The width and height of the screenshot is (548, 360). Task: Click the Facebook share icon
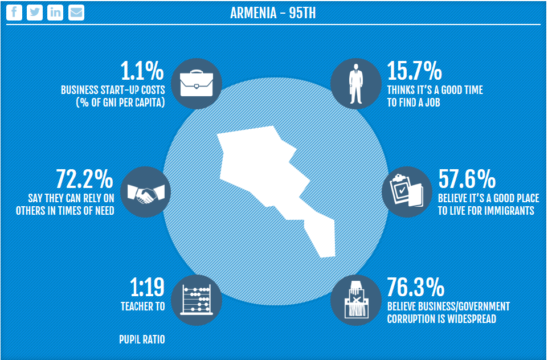(x=14, y=13)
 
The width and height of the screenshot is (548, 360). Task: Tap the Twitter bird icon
(x=35, y=13)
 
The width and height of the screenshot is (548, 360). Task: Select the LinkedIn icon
(x=55, y=13)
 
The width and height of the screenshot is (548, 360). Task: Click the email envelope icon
(x=76, y=13)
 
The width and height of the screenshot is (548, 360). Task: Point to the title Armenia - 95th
(x=273, y=13)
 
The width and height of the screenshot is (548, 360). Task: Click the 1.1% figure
(x=142, y=71)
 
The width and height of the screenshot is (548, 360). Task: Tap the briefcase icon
(x=196, y=83)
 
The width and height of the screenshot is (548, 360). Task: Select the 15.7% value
(x=414, y=71)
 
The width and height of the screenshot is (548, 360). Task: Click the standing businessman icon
(x=356, y=83)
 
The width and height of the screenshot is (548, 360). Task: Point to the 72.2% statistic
(x=85, y=179)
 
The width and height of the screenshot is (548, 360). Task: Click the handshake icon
(x=142, y=192)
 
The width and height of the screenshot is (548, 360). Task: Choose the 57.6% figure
(x=467, y=179)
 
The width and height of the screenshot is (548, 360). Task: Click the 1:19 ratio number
(x=148, y=288)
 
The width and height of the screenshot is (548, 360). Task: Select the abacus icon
(x=196, y=300)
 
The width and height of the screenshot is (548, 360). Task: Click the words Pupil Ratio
(x=142, y=339)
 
